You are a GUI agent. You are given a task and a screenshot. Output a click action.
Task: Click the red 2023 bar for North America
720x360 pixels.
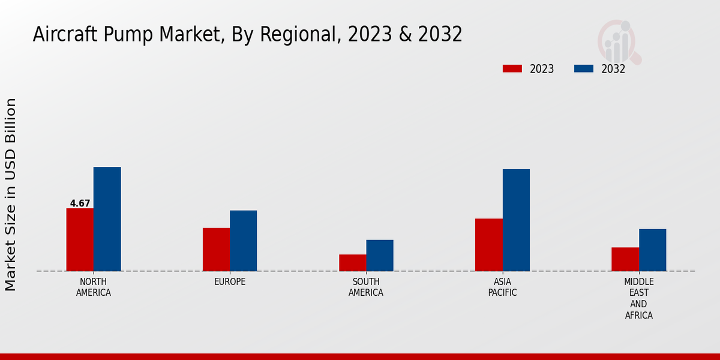[x=80, y=239]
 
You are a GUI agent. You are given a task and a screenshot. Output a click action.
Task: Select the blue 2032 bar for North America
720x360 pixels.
[x=107, y=219]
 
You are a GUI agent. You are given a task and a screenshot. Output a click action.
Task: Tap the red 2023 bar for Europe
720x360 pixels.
[x=216, y=249]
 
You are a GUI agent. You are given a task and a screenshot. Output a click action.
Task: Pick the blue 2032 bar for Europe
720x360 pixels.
[x=243, y=241]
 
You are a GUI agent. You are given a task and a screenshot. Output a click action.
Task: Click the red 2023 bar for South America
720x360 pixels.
[x=352, y=263]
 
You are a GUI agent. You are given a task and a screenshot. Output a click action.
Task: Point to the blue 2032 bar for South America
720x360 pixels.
[x=380, y=255]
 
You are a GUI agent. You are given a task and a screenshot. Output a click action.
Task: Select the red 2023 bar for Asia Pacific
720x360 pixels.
[x=488, y=245]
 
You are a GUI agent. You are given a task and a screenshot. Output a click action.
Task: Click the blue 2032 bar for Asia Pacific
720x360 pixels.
[x=516, y=220]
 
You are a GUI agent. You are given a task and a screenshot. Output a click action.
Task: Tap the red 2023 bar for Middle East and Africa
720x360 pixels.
[x=625, y=259]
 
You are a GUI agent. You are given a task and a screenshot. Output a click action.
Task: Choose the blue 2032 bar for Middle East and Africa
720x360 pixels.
[x=652, y=250]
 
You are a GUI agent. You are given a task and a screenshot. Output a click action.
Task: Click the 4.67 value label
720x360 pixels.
[x=80, y=203]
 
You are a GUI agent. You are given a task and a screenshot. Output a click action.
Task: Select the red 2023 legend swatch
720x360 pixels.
[x=512, y=69]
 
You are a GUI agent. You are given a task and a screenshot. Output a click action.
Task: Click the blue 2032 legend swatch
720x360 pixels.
[x=583, y=69]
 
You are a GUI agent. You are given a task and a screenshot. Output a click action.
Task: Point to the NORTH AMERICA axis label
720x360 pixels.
[x=94, y=287]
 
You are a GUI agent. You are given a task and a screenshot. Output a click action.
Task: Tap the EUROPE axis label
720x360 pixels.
[x=230, y=282]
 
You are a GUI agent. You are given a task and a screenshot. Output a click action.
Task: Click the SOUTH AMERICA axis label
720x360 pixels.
[x=366, y=287]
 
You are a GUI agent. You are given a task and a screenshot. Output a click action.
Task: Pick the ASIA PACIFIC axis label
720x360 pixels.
[x=502, y=287]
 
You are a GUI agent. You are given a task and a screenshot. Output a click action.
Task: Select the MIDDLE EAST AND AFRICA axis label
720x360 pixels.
[x=638, y=298]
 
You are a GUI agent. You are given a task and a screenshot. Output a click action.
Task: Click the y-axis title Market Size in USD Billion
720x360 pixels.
[x=11, y=195]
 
